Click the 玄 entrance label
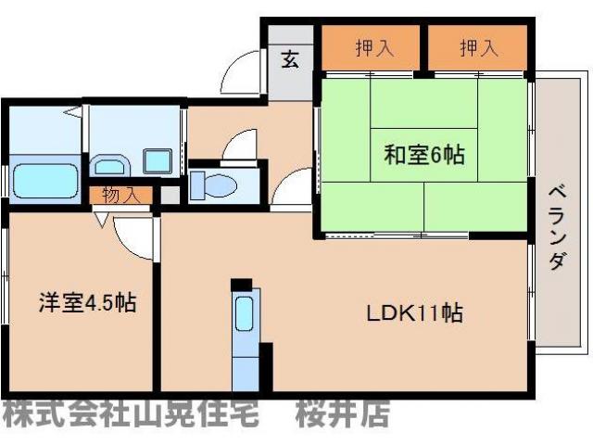point(290,60)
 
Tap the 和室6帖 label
point(423,155)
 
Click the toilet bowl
point(215,185)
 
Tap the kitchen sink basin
point(244,315)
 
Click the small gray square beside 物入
point(170,196)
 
